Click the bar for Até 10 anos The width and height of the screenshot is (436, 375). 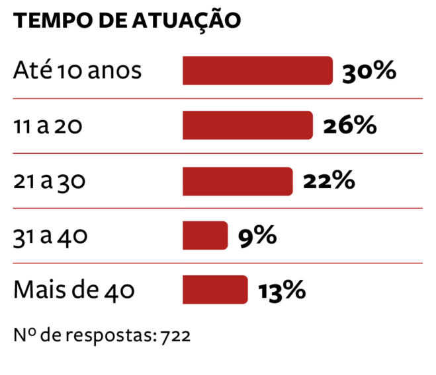point(257,71)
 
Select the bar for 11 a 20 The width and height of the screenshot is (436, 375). point(247,125)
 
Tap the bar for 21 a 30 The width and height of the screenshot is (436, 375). point(238,181)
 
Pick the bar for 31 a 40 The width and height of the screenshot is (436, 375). point(205,236)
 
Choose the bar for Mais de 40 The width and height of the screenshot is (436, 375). point(215,290)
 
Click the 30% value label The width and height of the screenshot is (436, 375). point(369,71)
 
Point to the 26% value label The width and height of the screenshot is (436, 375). point(349,125)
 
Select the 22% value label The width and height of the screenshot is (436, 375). point(329,181)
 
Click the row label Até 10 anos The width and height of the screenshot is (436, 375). point(77,71)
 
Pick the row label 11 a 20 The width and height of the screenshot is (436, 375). point(48,125)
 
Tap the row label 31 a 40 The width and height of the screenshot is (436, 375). point(50,236)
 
